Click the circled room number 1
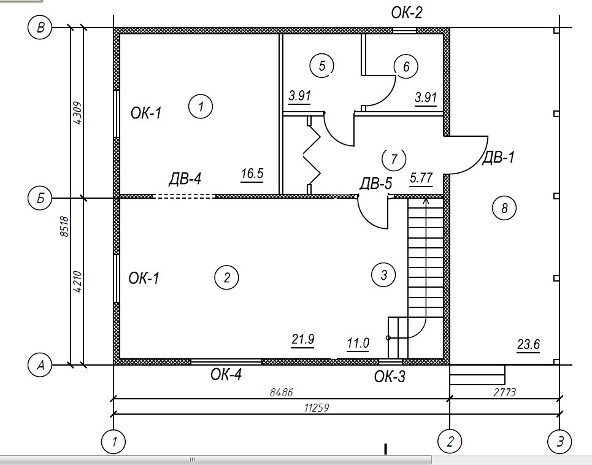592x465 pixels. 200,107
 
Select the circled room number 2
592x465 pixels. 226,278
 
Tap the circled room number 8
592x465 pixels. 504,208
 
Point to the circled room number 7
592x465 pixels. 394,159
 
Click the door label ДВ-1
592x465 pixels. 498,158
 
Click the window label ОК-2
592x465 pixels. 407,12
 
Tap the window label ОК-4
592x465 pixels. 227,375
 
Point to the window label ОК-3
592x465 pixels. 390,376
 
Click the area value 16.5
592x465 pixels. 252,174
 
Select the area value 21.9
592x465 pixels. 303,339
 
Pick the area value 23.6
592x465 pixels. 528,344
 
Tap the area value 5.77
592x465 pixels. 421,179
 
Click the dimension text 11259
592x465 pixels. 317,407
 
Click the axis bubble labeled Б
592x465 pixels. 40,198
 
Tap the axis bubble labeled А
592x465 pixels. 41,366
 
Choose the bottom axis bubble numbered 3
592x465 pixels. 559,441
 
